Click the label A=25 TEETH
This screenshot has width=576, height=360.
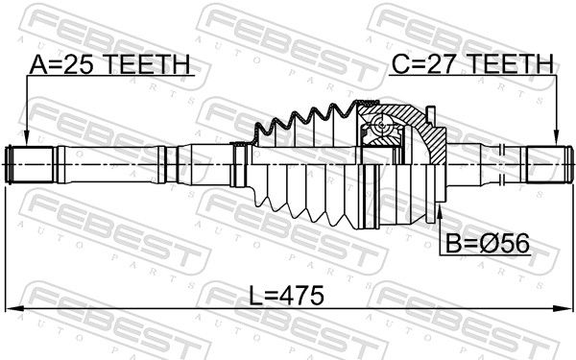pyautogui.click(x=109, y=64)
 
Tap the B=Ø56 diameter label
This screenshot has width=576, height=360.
pyautogui.click(x=488, y=243)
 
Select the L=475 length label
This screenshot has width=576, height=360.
pyautogui.click(x=286, y=296)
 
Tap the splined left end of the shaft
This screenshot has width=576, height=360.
pyautogui.click(x=31, y=164)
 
